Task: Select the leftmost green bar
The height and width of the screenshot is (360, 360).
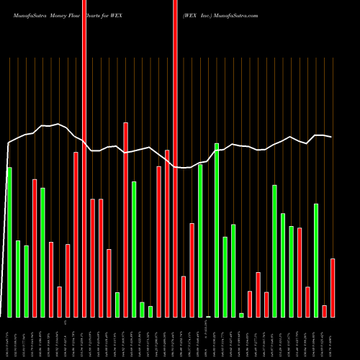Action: (x=9, y=242)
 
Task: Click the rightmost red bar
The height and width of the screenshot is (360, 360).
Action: (x=333, y=287)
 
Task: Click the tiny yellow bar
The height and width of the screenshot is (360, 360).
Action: (x=209, y=316)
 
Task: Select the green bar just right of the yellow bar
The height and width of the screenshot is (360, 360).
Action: (x=217, y=230)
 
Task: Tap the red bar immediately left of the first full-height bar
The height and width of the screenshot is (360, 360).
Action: (x=76, y=234)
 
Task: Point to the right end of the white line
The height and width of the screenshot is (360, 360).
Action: (x=332, y=137)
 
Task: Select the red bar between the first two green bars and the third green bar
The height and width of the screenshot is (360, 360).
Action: (x=35, y=248)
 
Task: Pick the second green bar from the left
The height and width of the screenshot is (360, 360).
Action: (x=18, y=279)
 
